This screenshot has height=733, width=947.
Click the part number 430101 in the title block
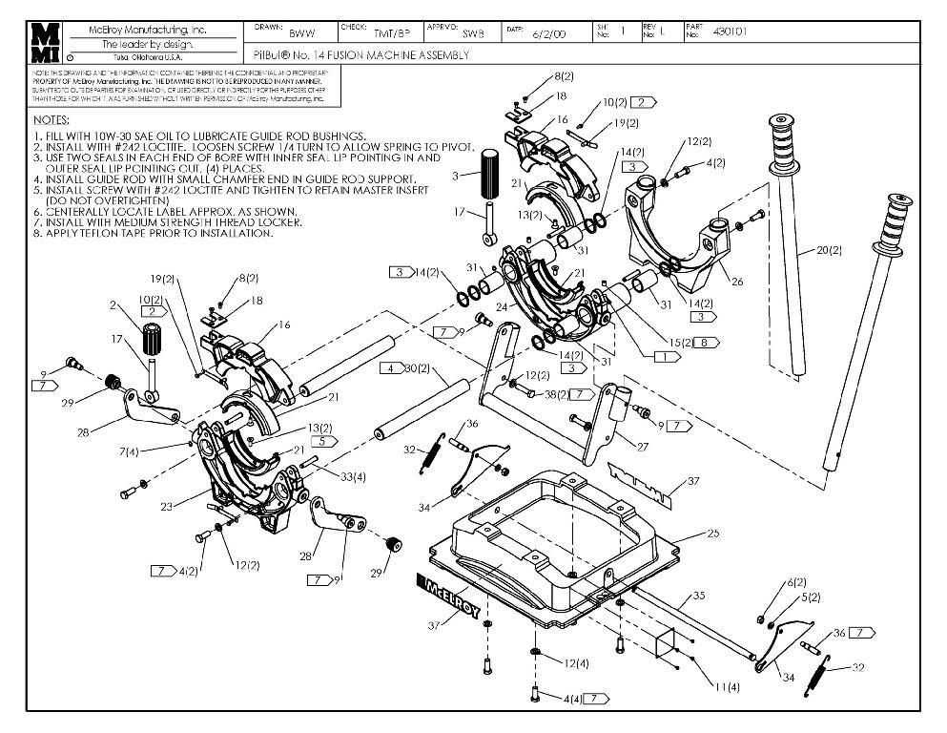tap(730, 31)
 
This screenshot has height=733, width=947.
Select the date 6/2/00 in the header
tap(547, 33)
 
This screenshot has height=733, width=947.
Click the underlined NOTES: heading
tap(51, 120)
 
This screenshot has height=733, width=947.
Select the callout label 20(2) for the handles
tap(829, 251)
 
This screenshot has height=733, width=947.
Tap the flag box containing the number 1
tap(666, 354)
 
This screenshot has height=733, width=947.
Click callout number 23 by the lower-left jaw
tap(167, 507)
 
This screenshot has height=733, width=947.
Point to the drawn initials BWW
tap(301, 33)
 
